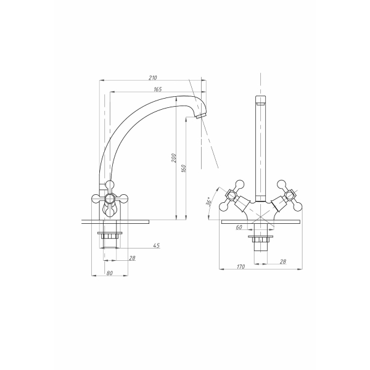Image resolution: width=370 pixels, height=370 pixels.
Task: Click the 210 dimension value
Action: (153, 78)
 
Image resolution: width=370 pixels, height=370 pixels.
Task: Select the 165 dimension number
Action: (158, 89)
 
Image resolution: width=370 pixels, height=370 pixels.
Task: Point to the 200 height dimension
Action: (174, 158)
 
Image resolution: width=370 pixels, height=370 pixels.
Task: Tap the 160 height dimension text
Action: (184, 168)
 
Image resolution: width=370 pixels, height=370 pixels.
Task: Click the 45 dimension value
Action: (157, 245)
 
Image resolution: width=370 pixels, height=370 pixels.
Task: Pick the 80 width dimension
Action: (110, 273)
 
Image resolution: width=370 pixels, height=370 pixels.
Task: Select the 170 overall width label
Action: (240, 266)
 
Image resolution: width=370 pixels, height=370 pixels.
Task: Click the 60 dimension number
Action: (239, 227)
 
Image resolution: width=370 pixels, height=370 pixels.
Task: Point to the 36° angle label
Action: (209, 201)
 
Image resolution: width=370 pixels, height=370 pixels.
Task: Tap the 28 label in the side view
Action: (132, 258)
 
